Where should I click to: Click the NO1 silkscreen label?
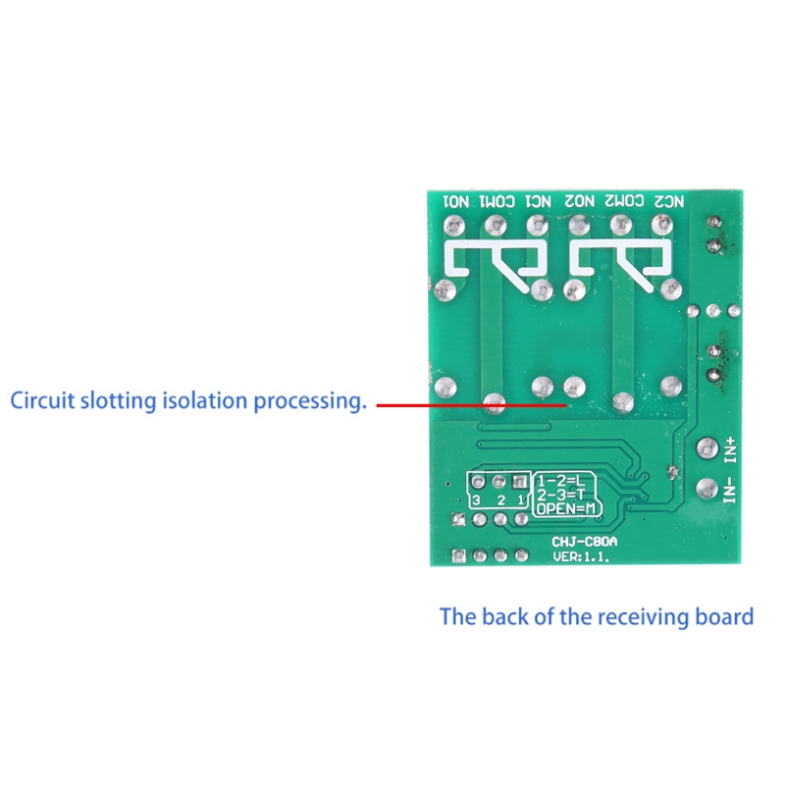457,201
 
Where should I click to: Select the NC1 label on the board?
538,201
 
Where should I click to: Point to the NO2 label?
579,201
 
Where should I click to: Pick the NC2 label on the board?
668,201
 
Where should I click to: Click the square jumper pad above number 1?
520,483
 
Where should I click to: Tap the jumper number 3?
477,500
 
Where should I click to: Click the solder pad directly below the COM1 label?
496,225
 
